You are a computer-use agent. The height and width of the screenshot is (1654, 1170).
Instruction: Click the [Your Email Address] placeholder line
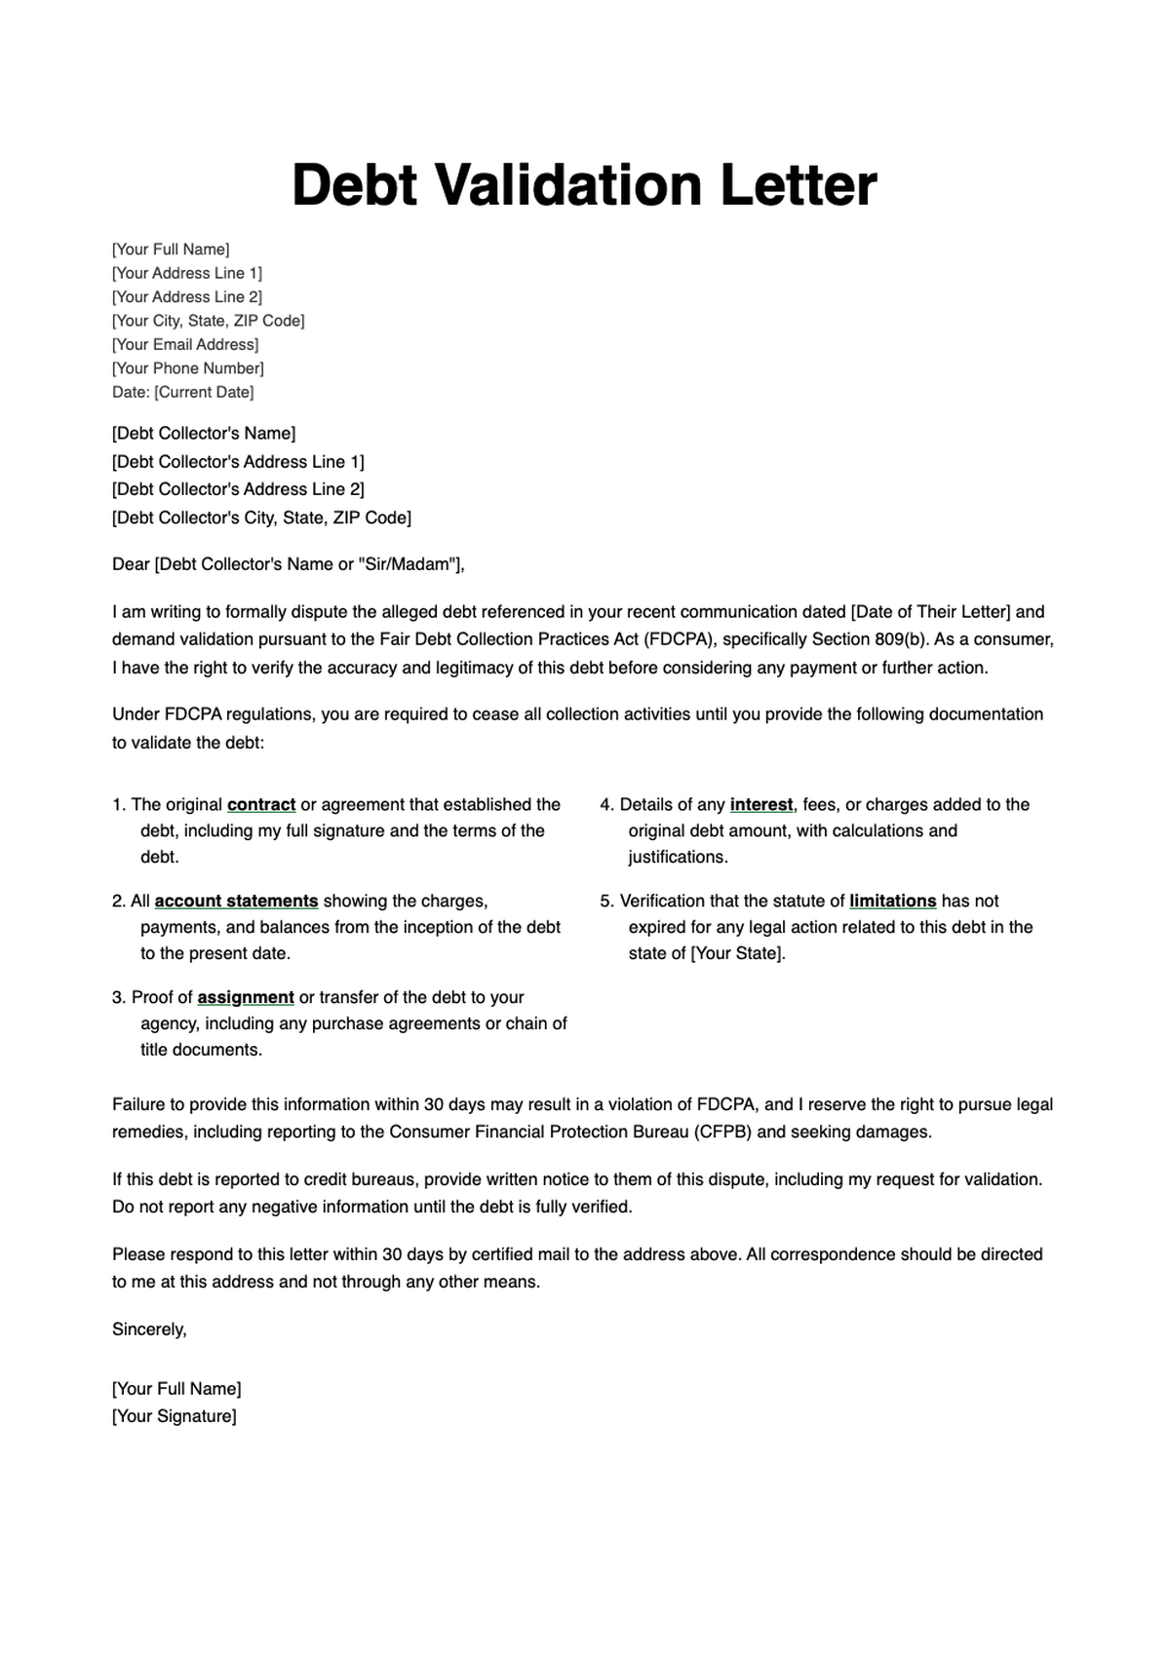point(185,344)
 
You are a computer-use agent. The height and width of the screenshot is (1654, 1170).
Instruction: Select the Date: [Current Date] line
point(182,392)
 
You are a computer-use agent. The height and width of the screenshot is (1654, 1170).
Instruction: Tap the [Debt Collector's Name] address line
point(204,433)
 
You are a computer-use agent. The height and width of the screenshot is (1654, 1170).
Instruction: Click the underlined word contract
point(261,805)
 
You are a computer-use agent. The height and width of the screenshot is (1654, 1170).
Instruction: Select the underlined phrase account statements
point(236,902)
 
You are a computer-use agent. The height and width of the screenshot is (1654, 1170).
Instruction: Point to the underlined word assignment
point(246,998)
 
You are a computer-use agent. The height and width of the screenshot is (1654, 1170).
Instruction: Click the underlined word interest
point(760,805)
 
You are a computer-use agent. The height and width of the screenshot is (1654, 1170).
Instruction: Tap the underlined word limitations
point(892,902)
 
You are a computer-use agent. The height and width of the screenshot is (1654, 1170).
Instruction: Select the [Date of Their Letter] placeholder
point(931,612)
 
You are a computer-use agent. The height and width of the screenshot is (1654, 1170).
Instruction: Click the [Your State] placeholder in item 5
point(737,954)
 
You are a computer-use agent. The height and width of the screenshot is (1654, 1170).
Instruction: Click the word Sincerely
point(149,1329)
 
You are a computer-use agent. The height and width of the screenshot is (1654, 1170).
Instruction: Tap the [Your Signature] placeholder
point(175,1416)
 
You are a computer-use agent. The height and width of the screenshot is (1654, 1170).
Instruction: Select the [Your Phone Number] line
point(188,368)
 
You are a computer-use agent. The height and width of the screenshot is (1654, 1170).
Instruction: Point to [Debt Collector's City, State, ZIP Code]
point(261,518)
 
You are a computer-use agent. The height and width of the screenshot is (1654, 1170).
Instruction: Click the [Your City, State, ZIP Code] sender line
point(208,321)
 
